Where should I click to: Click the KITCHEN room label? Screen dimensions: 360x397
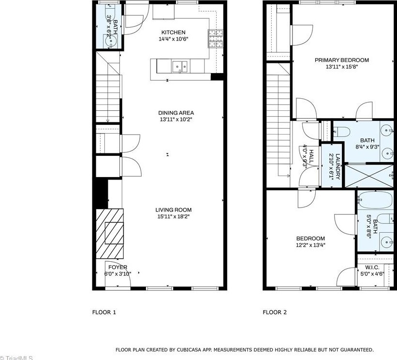click(173, 33)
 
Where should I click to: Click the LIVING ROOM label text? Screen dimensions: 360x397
click(173, 210)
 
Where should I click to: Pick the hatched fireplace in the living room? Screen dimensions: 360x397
click(110, 234)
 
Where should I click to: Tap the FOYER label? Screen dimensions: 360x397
click(118, 267)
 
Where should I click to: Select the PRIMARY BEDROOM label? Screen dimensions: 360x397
click(341, 60)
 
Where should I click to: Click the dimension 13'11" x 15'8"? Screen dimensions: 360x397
click(341, 67)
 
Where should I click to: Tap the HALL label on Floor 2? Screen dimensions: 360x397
click(311, 156)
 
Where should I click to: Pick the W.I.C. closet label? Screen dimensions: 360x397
click(372, 268)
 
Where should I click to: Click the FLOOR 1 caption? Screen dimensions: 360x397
click(104, 312)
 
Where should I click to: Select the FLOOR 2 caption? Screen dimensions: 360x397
click(275, 312)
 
